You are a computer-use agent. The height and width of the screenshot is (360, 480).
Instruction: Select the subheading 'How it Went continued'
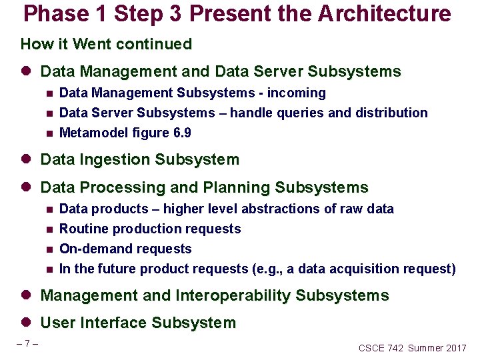click(106, 45)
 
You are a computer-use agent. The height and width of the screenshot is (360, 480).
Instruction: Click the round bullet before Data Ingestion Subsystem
click(27, 160)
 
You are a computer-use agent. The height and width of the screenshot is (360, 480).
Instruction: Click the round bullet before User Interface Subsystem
click(27, 323)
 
